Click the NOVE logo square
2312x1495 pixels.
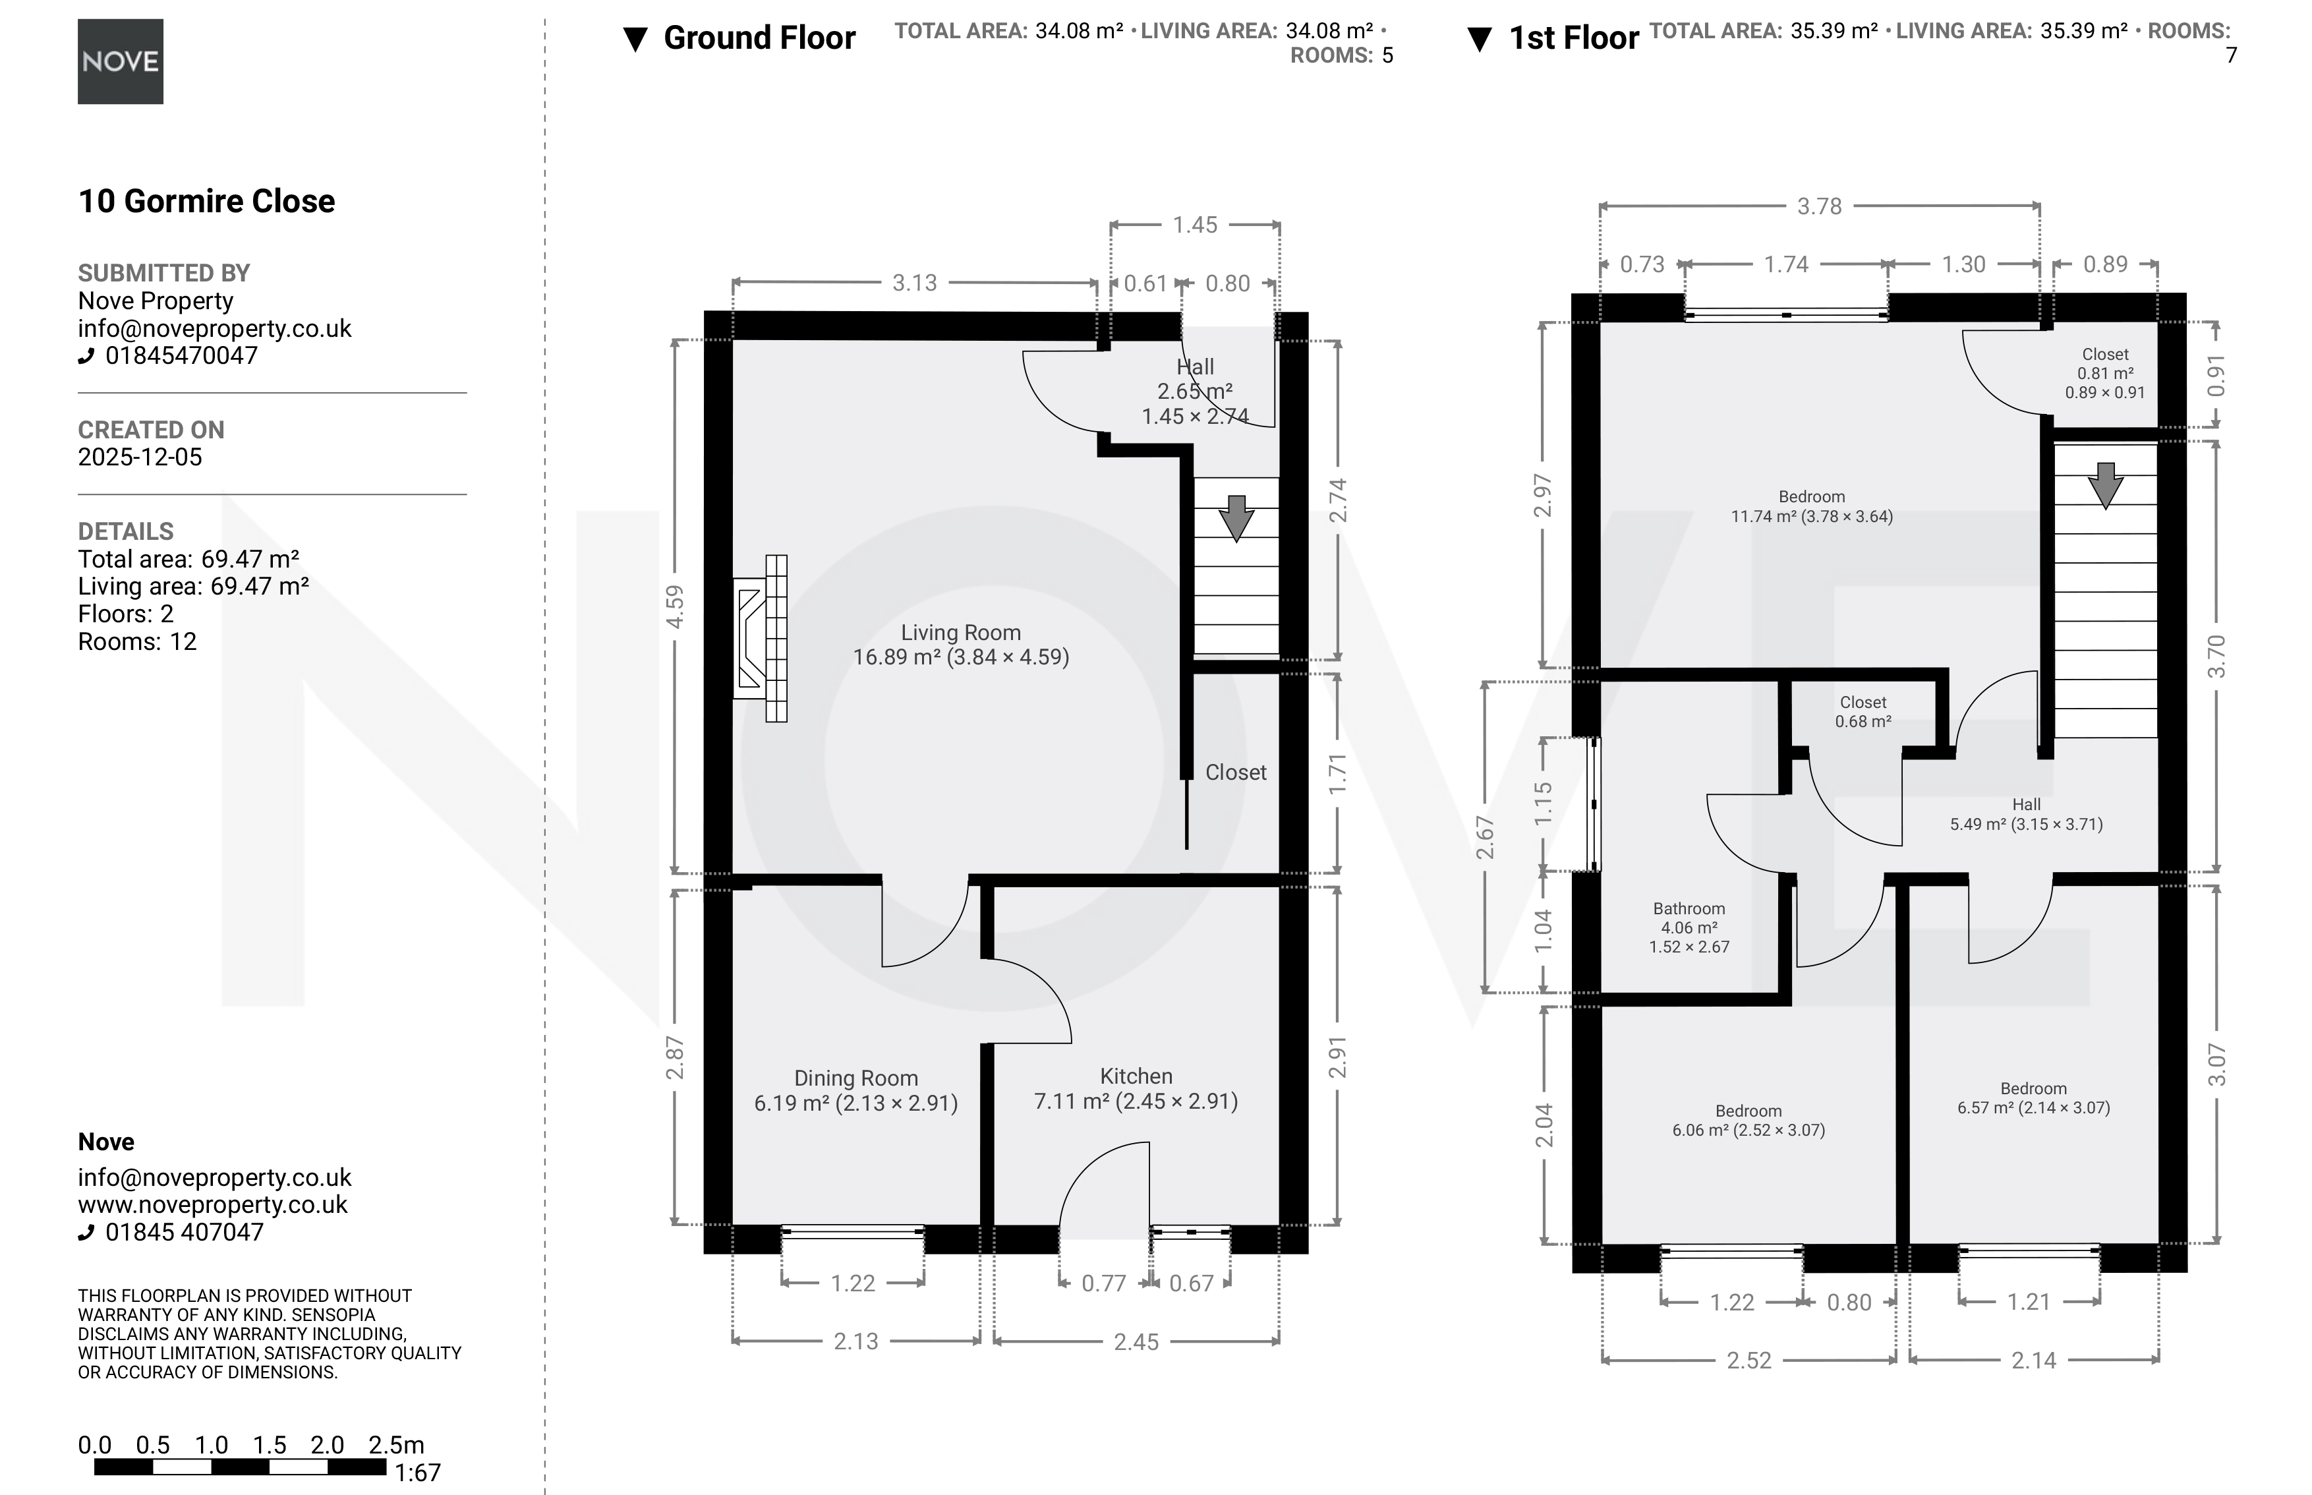coord(121,61)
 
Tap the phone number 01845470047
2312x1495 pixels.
coord(181,355)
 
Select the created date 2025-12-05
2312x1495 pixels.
coord(140,457)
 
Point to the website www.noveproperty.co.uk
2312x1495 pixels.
coord(213,1205)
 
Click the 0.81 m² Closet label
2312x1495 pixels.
coord(2104,374)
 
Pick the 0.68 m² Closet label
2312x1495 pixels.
coord(1863,712)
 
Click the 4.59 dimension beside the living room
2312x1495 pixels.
coord(675,606)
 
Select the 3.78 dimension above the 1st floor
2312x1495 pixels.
coord(1819,206)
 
